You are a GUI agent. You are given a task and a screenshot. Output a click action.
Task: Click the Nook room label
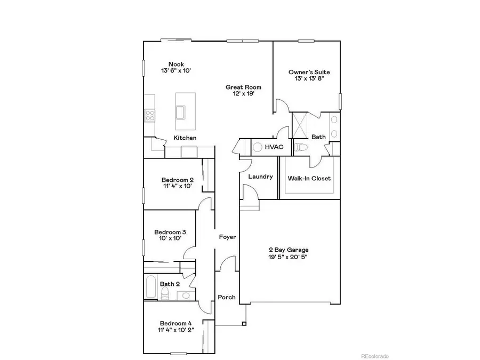pyautogui.click(x=177, y=64)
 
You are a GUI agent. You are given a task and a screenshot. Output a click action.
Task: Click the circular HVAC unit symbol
pyautogui.click(x=257, y=147)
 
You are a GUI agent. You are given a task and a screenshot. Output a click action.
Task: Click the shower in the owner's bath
pyautogui.click(x=301, y=126)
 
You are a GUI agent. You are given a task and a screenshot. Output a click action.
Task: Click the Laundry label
pyautogui.click(x=260, y=177)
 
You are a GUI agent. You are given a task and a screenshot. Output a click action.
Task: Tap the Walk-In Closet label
pyautogui.click(x=309, y=178)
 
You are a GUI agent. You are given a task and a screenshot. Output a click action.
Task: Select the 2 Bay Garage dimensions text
pyautogui.click(x=287, y=257)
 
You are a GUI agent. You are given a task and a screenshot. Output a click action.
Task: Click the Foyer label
pyautogui.click(x=228, y=236)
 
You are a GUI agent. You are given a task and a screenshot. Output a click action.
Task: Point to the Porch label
pyautogui.click(x=226, y=297)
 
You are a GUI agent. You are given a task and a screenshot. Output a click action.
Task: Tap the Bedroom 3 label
pyautogui.click(x=170, y=232)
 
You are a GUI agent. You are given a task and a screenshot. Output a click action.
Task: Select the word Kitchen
pyautogui.click(x=185, y=138)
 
